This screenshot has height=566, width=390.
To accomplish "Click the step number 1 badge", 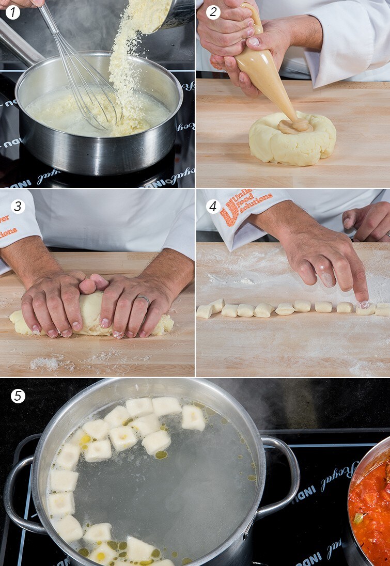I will coord(12,12).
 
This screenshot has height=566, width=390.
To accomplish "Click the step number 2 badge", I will coord(213,12).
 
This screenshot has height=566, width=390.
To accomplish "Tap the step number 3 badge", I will coord(18,207).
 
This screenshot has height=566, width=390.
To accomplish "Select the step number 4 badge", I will coord(213,207).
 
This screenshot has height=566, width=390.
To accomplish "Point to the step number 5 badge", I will coord(18,396).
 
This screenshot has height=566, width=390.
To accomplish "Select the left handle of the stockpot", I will coord(21,491).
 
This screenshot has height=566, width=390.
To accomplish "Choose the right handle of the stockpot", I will coord(282,475).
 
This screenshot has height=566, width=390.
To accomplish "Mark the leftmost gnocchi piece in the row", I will coord(205,311).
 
